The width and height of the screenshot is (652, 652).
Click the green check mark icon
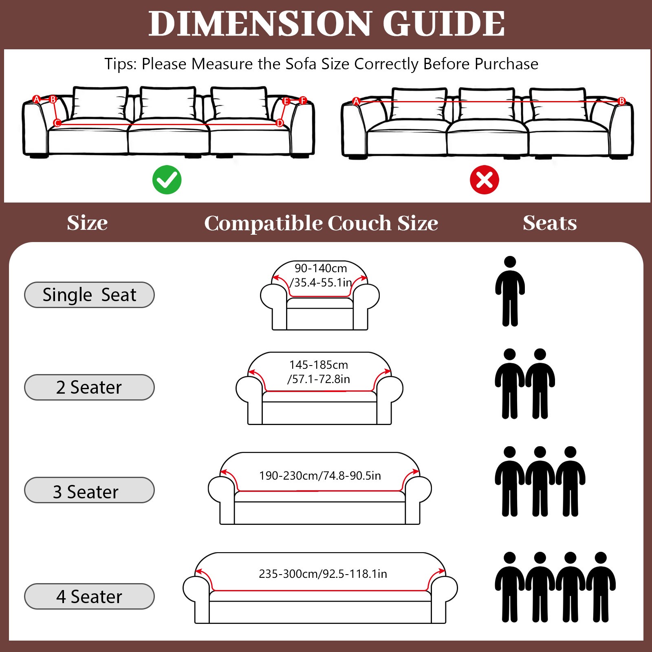(167, 180)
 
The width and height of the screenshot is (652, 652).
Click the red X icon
(484, 180)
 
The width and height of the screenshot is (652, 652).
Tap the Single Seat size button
(89, 295)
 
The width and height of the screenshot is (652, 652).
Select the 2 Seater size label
(89, 387)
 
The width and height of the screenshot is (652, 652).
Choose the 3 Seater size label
(89, 490)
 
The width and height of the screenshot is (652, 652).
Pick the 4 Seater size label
(89, 596)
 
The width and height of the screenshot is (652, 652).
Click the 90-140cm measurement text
(321, 269)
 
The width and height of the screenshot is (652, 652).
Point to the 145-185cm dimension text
(319, 365)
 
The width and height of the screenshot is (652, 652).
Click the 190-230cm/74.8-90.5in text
(320, 476)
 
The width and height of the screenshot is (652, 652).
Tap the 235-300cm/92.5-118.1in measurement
(323, 574)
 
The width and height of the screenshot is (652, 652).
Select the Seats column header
(550, 223)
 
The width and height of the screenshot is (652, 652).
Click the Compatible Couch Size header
(321, 223)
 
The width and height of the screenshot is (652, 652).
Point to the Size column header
(87, 223)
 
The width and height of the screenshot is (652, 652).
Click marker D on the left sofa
(280, 123)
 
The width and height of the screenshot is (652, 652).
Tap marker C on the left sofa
(57, 123)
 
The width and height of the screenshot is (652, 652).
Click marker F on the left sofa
(303, 100)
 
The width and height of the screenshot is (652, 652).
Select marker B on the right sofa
(621, 101)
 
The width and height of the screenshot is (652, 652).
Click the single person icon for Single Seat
(510, 291)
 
